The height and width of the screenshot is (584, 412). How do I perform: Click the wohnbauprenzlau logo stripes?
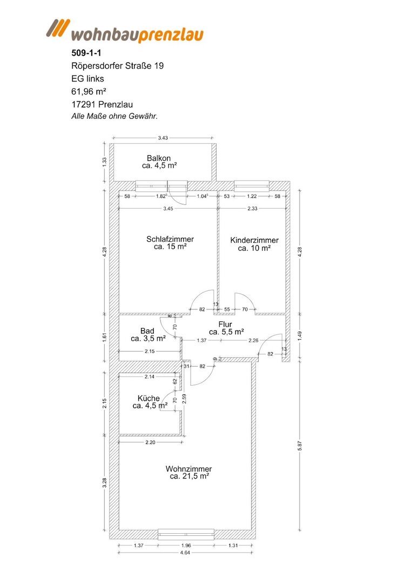[58, 28]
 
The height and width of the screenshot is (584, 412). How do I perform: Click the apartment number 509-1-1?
[86, 53]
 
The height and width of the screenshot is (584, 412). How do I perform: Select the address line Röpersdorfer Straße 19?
[118, 66]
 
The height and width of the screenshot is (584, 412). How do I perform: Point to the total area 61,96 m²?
[89, 91]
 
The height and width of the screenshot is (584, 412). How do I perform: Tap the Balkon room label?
[159, 158]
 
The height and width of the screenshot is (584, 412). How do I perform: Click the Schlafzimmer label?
[170, 239]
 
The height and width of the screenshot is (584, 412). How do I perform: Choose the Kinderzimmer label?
[254, 240]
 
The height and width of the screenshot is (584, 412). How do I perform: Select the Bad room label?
[147, 331]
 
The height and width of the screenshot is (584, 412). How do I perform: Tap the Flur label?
[225, 324]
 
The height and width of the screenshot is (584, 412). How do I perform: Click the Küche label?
[148, 398]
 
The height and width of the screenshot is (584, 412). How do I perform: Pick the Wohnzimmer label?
[189, 469]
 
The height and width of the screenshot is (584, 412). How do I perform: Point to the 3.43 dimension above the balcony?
[163, 138]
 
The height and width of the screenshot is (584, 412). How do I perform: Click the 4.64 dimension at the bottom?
[185, 553]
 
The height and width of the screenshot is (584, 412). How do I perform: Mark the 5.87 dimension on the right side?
[300, 445]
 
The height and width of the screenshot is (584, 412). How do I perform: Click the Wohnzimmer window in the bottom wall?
[186, 534]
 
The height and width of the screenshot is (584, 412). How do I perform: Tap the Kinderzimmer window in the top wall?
[252, 185]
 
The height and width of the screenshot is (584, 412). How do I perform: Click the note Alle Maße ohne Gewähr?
[114, 116]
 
